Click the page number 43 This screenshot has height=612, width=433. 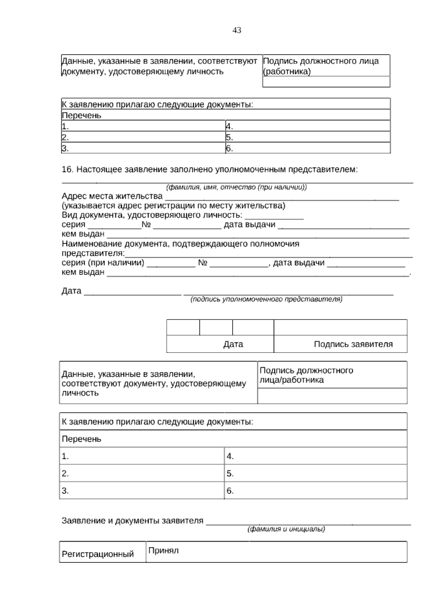[x=237, y=31]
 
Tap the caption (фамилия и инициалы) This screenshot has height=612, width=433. [x=286, y=529]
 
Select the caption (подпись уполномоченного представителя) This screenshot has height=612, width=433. [x=266, y=300]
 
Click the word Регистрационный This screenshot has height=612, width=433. [x=98, y=554]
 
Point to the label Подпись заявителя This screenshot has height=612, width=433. [x=353, y=344]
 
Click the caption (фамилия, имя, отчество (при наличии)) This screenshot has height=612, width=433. [x=236, y=187]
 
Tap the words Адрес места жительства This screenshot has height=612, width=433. [x=112, y=196]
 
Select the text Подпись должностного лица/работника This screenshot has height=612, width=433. [x=306, y=375]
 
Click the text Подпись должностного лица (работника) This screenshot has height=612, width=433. [x=321, y=66]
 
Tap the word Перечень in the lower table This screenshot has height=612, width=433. [x=82, y=439]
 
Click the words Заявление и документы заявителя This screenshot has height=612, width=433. [x=132, y=521]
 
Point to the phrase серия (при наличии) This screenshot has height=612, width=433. [x=103, y=263]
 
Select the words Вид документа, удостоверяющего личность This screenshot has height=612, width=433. [x=152, y=215]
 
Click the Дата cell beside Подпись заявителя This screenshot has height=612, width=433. [x=233, y=344]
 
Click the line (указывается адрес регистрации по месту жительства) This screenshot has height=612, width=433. [x=173, y=206]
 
